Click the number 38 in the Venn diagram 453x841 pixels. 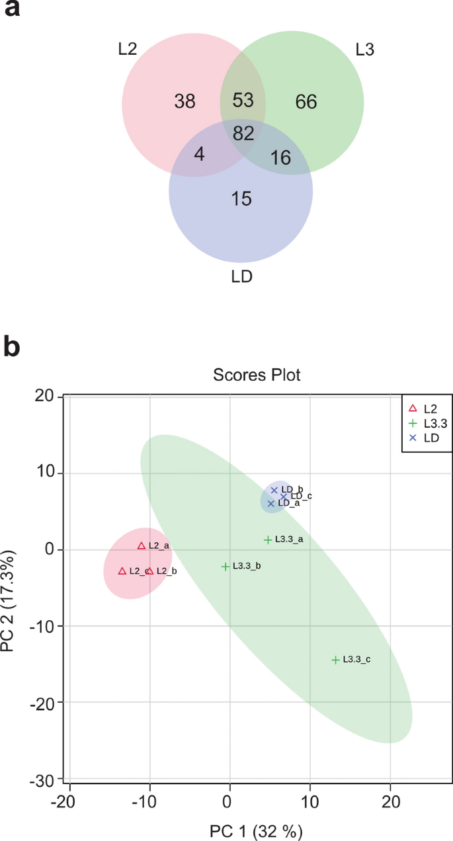185,101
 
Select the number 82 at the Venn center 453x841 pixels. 243,134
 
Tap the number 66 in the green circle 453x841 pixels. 306,102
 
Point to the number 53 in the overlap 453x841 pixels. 243,100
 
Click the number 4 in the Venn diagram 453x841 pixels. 199,154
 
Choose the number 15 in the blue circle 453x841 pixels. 241,198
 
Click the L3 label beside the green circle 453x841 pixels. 364,49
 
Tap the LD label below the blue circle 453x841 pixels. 242,276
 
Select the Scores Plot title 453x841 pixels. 257,376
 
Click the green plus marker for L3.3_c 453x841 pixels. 335,660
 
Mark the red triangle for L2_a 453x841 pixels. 142,546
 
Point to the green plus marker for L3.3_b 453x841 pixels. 226,567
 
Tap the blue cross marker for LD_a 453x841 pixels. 270,504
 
